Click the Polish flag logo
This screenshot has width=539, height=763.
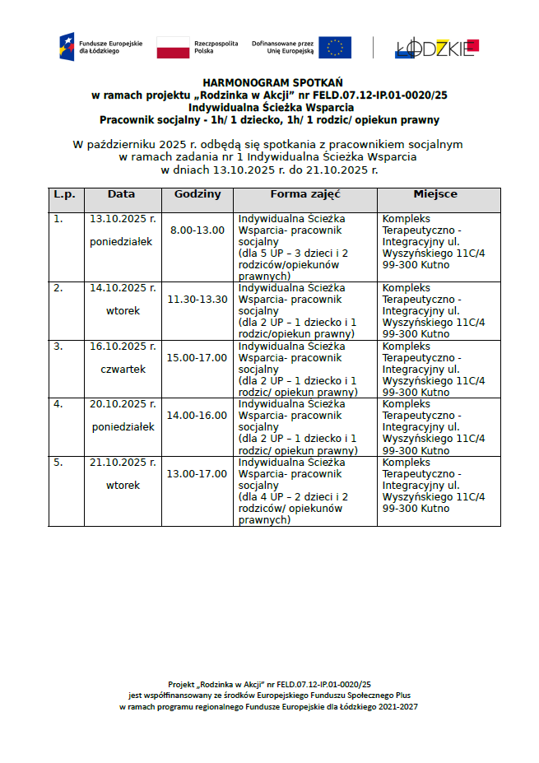click(173, 48)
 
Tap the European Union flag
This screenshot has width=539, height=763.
click(335, 48)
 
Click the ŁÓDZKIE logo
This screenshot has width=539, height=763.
click(436, 48)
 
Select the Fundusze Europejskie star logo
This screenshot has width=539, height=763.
click(67, 47)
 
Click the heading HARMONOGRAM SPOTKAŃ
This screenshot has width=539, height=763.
click(269, 83)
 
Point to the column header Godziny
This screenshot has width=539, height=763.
click(197, 194)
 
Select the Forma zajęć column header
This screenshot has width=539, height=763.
click(305, 194)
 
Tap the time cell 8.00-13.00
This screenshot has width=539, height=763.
click(197, 230)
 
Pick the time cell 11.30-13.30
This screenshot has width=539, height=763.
click(197, 299)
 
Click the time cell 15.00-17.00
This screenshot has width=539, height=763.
click(197, 357)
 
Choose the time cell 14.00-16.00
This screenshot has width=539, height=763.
click(197, 415)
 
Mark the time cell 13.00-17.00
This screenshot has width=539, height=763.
click(197, 473)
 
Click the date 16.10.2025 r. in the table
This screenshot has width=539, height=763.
click(123, 347)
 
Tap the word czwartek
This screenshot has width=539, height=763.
click(123, 370)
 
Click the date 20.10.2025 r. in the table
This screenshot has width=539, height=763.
click(123, 404)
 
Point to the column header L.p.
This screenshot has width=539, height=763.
click(65, 194)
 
